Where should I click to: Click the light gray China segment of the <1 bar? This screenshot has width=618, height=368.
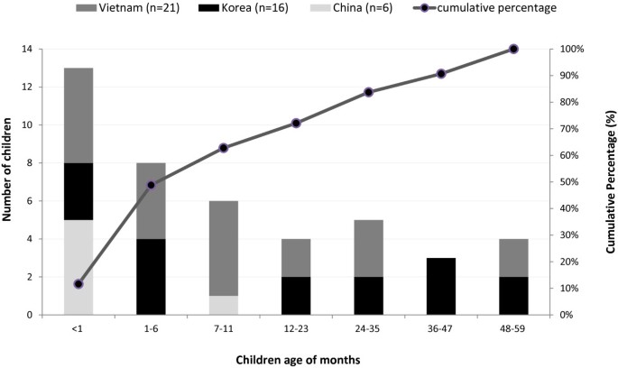pyautogui.click(x=78, y=267)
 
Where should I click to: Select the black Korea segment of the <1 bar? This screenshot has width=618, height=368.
pyautogui.click(x=78, y=191)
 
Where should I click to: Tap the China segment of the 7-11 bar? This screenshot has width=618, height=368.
pyautogui.click(x=223, y=305)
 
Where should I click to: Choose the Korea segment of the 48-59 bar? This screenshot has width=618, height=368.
pyautogui.click(x=513, y=296)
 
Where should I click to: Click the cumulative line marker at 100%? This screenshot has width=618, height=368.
pyautogui.click(x=513, y=49)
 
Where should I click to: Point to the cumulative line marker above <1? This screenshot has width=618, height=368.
pyautogui.click(x=78, y=284)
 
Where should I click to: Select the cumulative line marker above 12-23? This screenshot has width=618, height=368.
pyautogui.click(x=296, y=123)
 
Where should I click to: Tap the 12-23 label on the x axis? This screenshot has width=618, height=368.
pyautogui.click(x=296, y=330)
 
